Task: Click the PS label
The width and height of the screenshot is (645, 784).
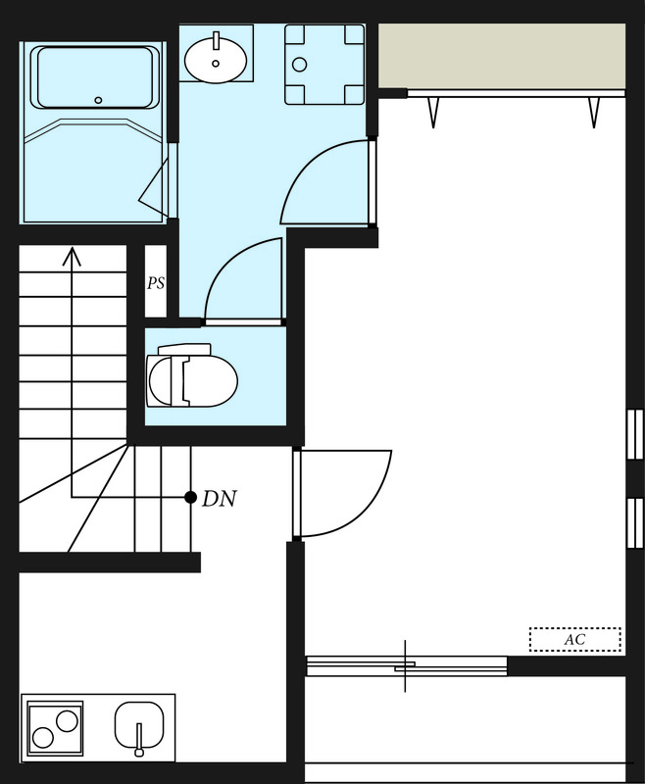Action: tap(156, 283)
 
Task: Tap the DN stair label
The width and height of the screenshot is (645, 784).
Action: tap(220, 499)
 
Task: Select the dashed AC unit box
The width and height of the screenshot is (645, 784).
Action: tap(575, 640)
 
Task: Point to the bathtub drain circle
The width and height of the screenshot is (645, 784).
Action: tap(98, 100)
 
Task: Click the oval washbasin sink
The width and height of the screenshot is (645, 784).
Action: tap(216, 62)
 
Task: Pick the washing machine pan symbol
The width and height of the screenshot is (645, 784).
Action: tap(323, 65)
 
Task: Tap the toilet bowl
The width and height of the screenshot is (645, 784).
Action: tap(192, 378)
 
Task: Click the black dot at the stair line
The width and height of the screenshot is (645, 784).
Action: tap(190, 498)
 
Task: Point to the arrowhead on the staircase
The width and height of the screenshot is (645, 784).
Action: tap(72, 257)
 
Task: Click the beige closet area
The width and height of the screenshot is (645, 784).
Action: tap(501, 55)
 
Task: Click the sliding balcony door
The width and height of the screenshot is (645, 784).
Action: tap(406, 665)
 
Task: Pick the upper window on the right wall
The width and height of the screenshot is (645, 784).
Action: tap(634, 434)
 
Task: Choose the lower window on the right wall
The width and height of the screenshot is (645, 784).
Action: tap(634, 522)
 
